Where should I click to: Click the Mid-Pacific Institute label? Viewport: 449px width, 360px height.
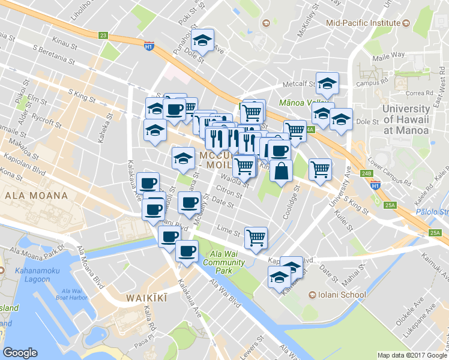[x=363, y=23]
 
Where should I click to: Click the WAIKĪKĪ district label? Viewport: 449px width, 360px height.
[x=145, y=298]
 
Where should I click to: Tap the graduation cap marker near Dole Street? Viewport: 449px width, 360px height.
[x=203, y=40]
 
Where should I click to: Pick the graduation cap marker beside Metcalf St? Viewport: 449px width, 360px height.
[x=327, y=84]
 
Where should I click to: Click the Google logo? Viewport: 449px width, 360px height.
[x=20, y=353]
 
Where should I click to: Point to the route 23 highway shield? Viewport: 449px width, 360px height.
[x=104, y=36]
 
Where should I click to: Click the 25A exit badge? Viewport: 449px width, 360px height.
[x=391, y=205]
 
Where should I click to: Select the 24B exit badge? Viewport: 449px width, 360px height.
[x=367, y=173]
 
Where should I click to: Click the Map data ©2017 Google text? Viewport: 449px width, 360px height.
[x=412, y=355]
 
